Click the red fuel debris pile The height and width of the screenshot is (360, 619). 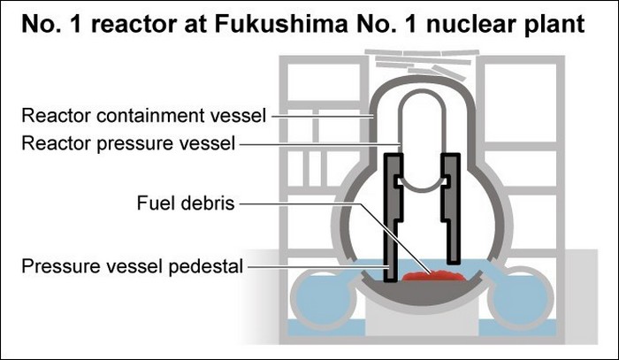[x=433, y=277]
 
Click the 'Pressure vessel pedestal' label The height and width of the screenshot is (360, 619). [x=133, y=264]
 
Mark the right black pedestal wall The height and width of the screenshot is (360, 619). [x=453, y=199]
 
